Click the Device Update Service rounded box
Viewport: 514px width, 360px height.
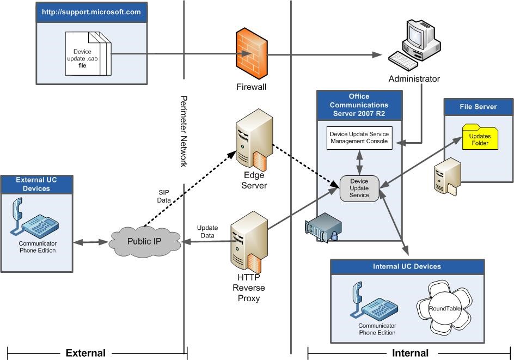pyautogui.click(x=359, y=188)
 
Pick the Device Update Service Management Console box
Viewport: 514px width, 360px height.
pyautogui.click(x=359, y=138)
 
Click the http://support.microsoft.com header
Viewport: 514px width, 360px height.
pyautogui.click(x=91, y=13)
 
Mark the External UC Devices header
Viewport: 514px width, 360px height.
pyautogui.click(x=37, y=184)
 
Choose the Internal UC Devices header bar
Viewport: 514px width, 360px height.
pyautogui.click(x=407, y=267)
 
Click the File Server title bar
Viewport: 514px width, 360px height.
pyautogui.click(x=479, y=107)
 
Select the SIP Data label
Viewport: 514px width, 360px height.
pyautogui.click(x=164, y=196)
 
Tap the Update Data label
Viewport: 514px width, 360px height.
pyautogui.click(x=207, y=231)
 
